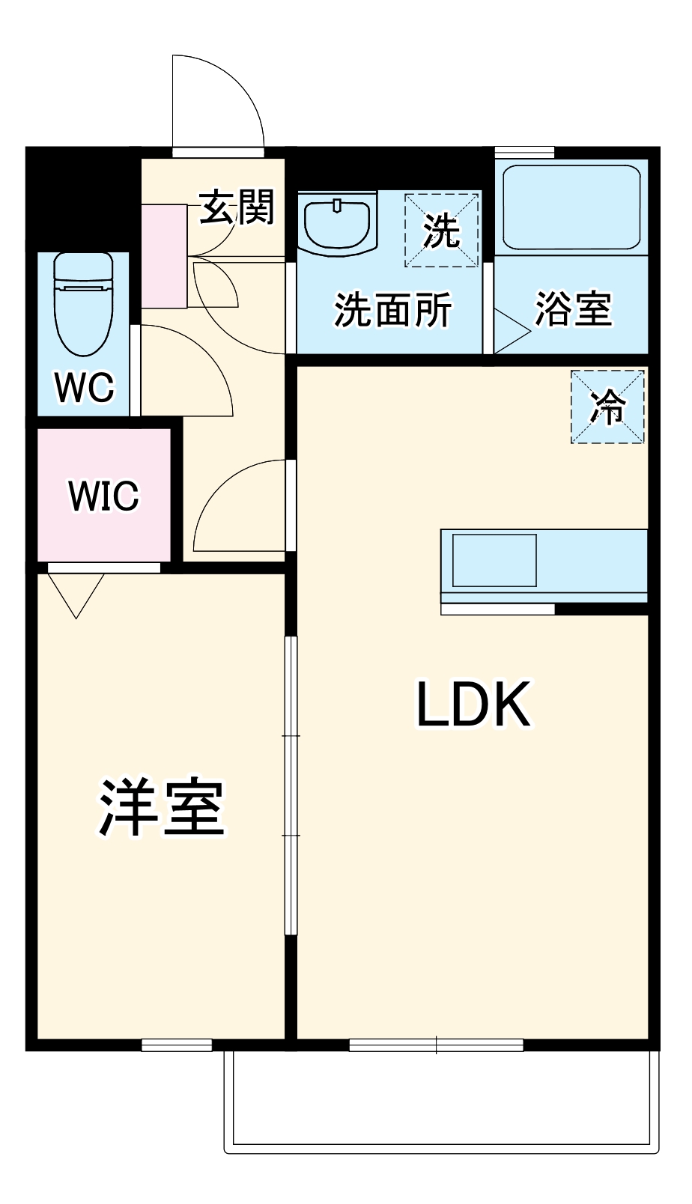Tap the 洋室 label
coord(162,809)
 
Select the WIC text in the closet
coord(103,496)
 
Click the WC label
coord(85,387)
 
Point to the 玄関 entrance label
coord(237,207)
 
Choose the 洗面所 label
coord(392,309)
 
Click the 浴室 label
coord(574,308)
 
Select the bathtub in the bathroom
coord(572,207)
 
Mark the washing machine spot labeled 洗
coord(442,230)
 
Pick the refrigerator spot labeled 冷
coord(608,407)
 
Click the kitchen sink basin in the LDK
coord(494,560)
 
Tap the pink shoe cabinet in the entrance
coord(164,256)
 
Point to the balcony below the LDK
coord(442,1101)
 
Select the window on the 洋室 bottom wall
coord(177,1045)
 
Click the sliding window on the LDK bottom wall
coord(436,1045)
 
